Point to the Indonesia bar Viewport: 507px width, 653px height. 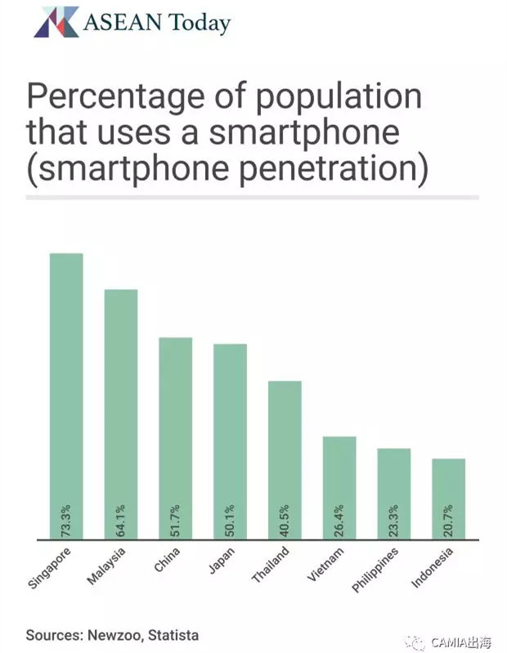448,490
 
